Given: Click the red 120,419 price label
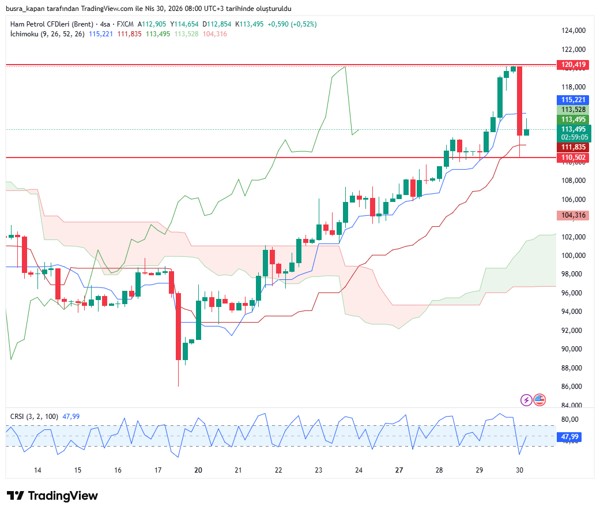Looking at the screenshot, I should point(572,65).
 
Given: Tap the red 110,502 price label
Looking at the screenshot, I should point(572,158).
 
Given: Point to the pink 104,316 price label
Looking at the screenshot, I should point(572,215).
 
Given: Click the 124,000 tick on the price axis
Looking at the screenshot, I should point(573,31).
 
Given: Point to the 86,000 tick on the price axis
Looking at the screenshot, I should point(573,387).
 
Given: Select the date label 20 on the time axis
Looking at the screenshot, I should point(198,470).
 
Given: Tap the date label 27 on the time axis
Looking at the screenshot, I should point(399,470).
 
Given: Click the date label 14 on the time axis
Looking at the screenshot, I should point(37,470).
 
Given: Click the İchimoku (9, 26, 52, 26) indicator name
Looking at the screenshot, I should point(47,34).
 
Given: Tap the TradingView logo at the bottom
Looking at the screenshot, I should point(52,496).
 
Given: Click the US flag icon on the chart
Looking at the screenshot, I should point(539,399).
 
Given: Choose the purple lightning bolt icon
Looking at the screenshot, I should point(526,399).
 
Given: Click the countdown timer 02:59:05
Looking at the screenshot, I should point(575,137).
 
